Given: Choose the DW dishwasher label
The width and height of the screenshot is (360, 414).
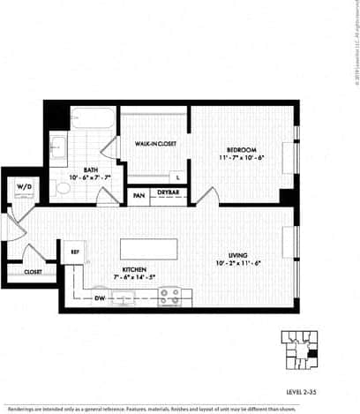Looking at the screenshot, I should coord(99,297).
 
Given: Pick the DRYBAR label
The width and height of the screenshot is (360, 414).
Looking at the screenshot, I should coord(168,192).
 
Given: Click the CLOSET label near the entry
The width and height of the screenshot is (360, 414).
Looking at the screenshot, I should coord(33,272).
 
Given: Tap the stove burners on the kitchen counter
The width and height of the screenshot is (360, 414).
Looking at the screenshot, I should coord(169,295).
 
